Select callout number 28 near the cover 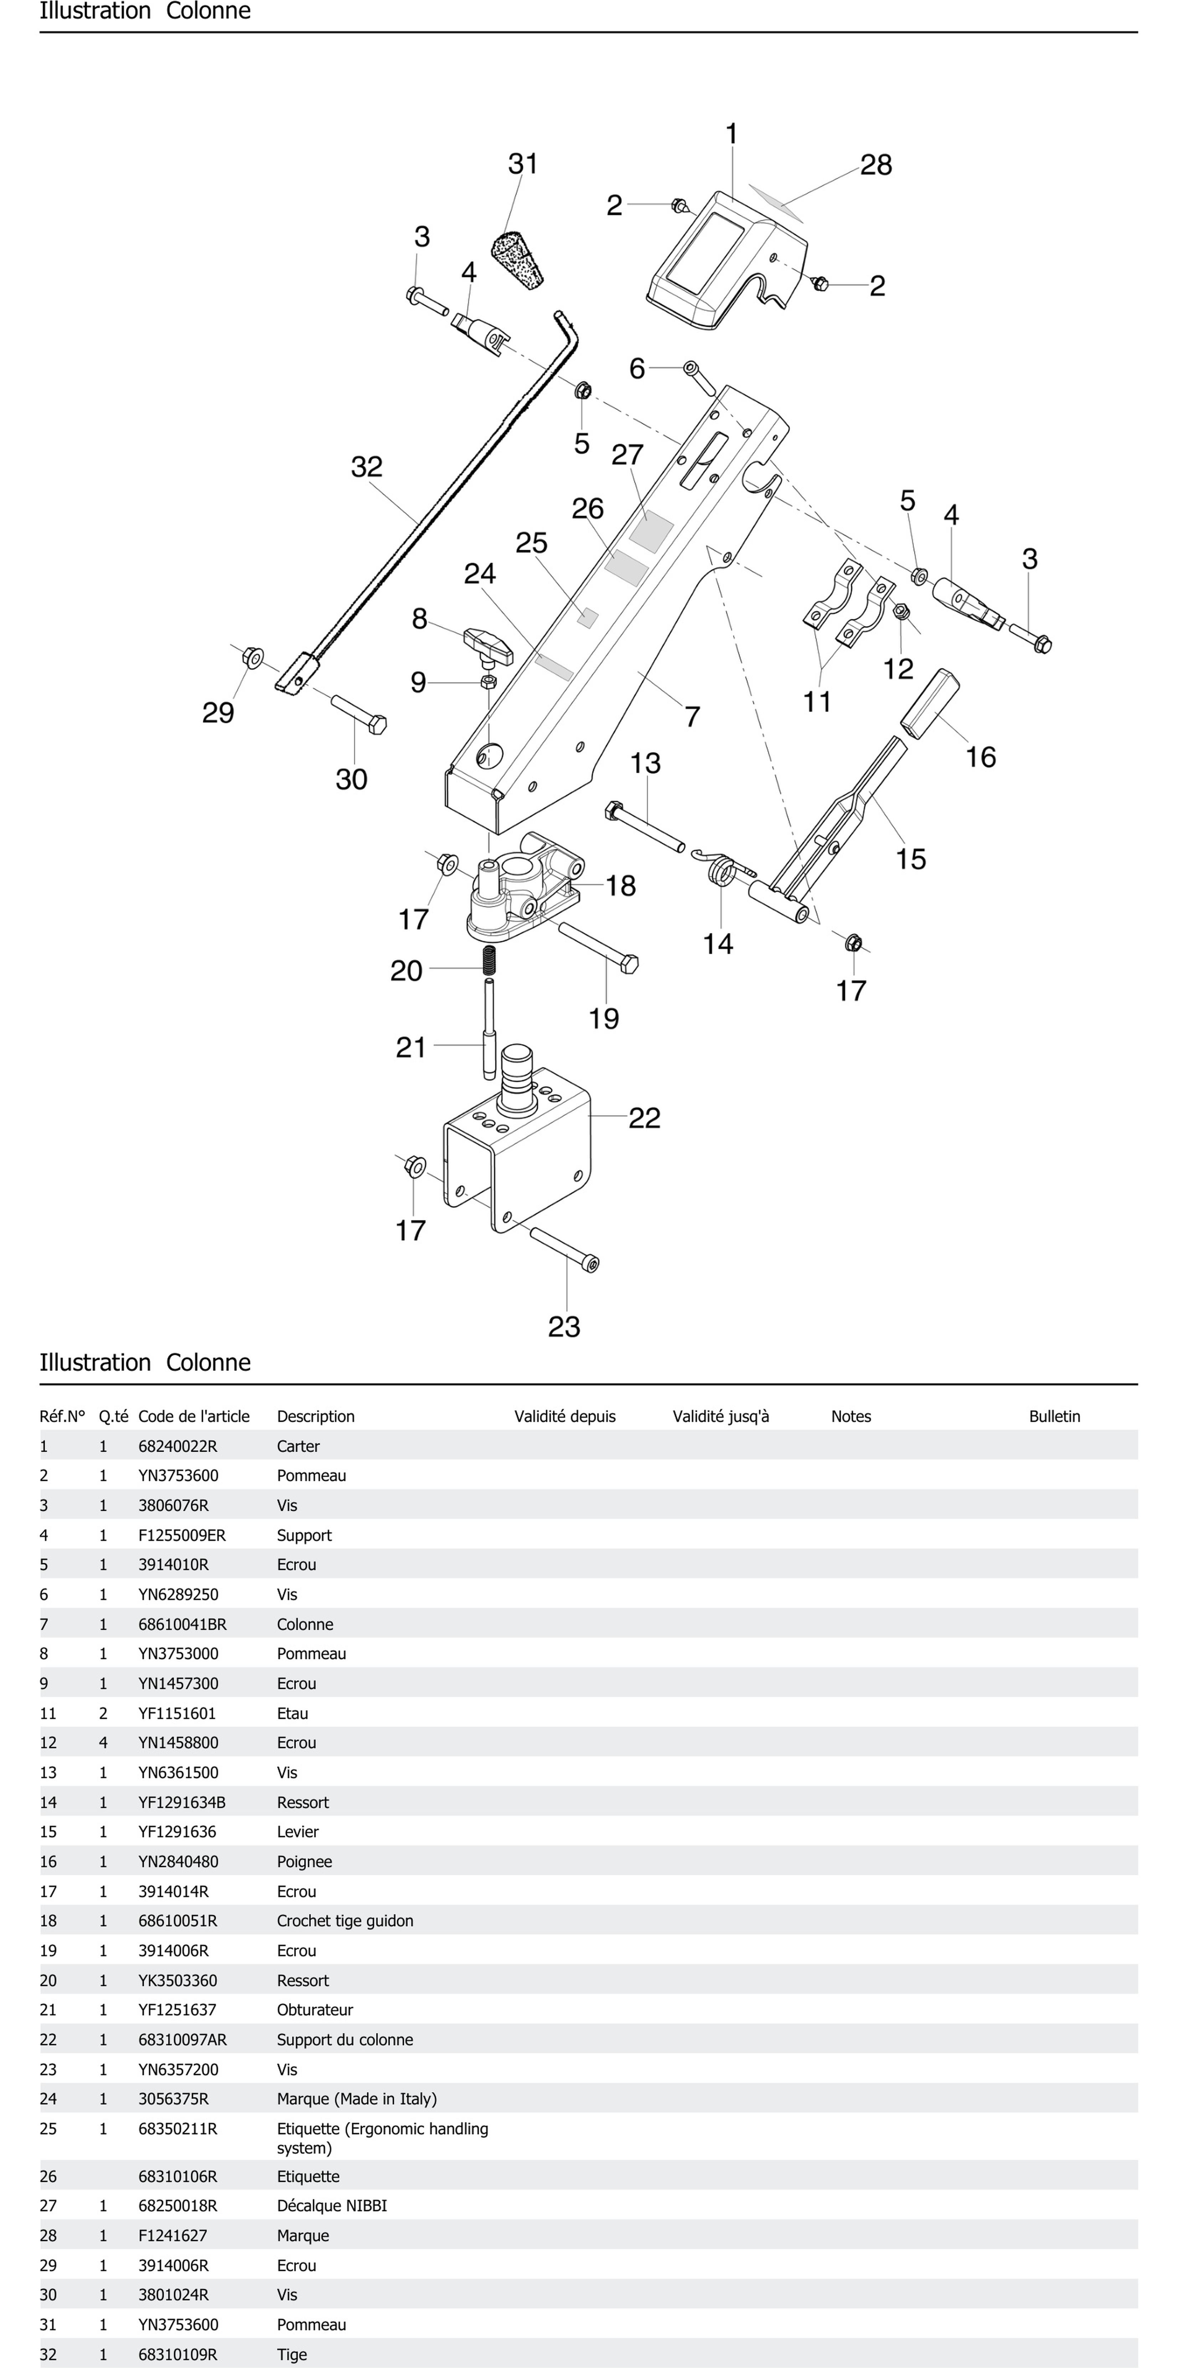[875, 165]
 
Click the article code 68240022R [177, 1446]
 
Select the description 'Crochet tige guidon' [345, 1920]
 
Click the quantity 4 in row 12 [103, 1742]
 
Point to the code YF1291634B [181, 1802]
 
